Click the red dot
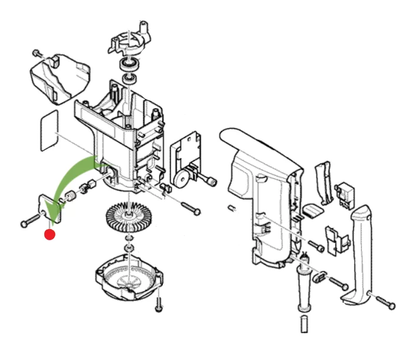[x=50, y=234]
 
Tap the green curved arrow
[x=71, y=177]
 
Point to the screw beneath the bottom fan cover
[x=158, y=305]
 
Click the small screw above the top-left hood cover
[x=37, y=53]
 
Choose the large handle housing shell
[x=265, y=189]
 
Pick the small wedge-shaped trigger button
[x=312, y=211]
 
